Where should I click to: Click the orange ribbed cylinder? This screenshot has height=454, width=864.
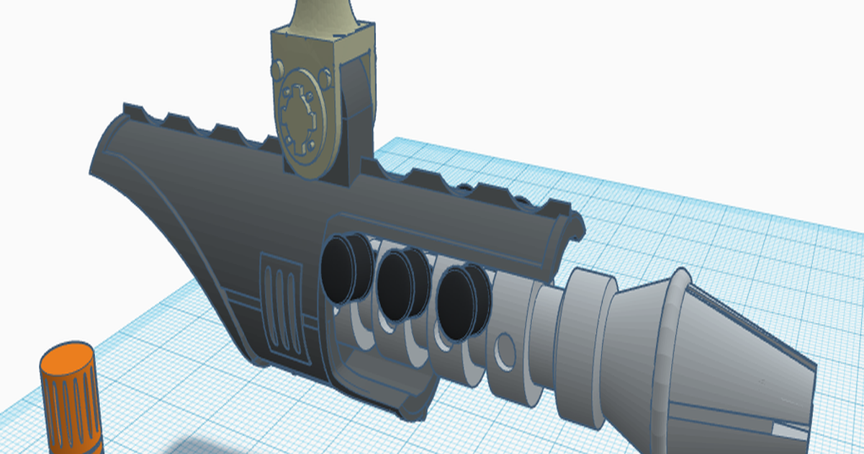[71, 404]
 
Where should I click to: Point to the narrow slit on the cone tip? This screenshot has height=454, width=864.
[788, 430]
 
